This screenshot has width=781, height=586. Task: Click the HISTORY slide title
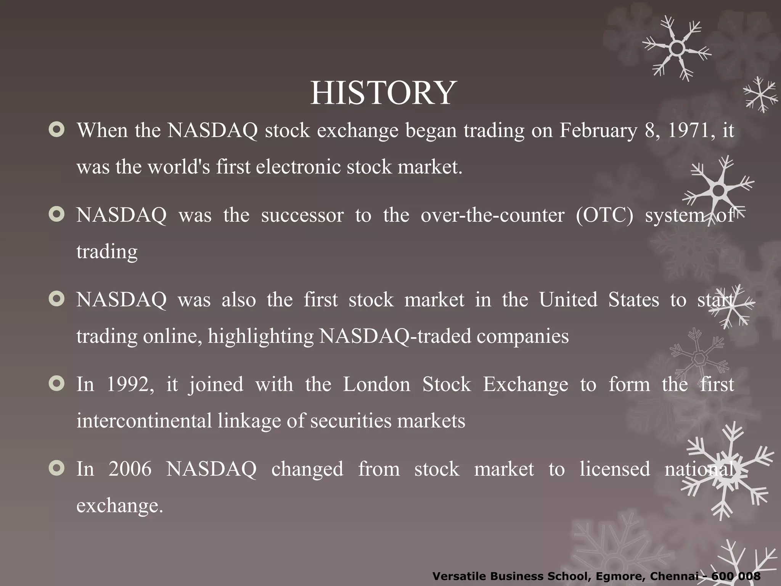click(383, 93)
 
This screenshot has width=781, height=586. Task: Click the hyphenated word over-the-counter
click(492, 215)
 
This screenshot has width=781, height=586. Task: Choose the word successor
click(302, 215)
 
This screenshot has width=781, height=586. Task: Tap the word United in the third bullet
click(568, 300)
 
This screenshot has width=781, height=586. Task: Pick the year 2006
click(130, 469)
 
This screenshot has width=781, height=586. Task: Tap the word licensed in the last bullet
click(615, 469)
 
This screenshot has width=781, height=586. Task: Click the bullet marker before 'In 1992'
click(57, 384)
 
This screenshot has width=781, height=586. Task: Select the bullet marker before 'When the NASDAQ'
click(57, 130)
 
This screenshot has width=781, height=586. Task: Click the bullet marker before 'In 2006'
click(57, 468)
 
